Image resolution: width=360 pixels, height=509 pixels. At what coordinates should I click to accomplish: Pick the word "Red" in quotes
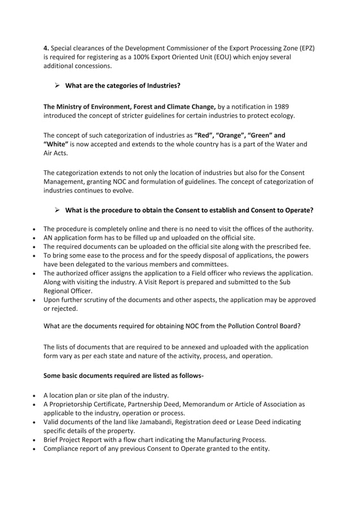click(203, 135)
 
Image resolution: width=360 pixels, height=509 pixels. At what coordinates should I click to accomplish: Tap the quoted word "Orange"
click(231, 135)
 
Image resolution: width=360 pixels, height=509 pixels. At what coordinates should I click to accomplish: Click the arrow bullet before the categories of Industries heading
click(57, 86)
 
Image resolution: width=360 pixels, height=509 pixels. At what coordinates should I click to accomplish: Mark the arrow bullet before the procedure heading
click(57, 210)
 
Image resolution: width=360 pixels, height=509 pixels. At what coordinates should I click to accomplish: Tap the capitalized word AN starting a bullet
click(49, 238)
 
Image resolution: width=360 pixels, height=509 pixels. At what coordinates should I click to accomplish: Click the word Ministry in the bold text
click(74, 106)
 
